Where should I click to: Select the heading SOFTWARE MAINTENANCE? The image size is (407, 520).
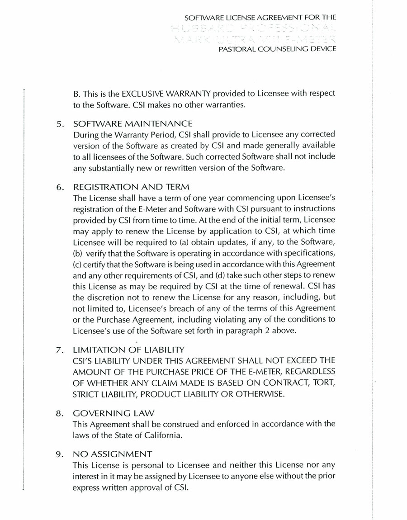click(x=133, y=123)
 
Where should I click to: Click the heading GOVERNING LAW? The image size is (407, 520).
click(x=114, y=413)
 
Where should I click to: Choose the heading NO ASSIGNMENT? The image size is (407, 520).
click(x=112, y=454)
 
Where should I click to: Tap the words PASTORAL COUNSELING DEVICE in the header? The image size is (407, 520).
click(x=277, y=48)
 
